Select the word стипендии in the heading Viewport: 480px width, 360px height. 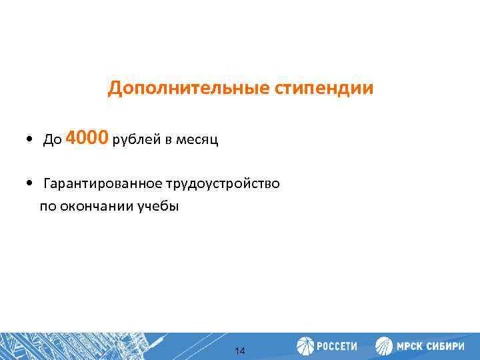click(323, 89)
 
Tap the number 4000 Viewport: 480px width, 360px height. click(87, 138)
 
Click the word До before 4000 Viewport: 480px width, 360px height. click(52, 140)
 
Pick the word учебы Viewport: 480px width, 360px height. click(158, 206)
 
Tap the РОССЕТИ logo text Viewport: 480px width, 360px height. click(337, 347)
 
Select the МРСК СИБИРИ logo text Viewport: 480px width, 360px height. click(431, 347)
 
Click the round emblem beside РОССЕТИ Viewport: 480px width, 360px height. click(305, 346)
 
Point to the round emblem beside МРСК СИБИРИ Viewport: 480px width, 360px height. click(384, 346)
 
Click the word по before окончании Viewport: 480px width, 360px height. click(48, 206)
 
